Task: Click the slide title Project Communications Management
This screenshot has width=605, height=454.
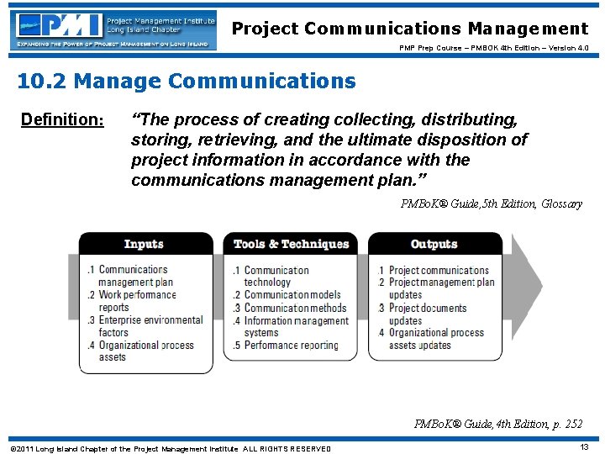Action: pyautogui.click(x=410, y=29)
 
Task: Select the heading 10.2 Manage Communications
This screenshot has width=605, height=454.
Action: pyautogui.click(x=187, y=82)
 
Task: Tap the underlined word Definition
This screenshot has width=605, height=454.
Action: pyautogui.click(x=61, y=119)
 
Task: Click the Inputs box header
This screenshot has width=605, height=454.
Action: pyautogui.click(x=144, y=244)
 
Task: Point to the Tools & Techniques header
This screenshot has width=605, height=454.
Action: pyautogui.click(x=291, y=244)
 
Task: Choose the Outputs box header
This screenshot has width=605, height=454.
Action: pyautogui.click(x=434, y=244)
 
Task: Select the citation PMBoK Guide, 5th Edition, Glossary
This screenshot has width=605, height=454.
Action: pyautogui.click(x=491, y=203)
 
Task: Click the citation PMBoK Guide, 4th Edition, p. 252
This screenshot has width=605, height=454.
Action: pyautogui.click(x=497, y=424)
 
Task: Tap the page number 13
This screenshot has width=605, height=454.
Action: pyautogui.click(x=585, y=448)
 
